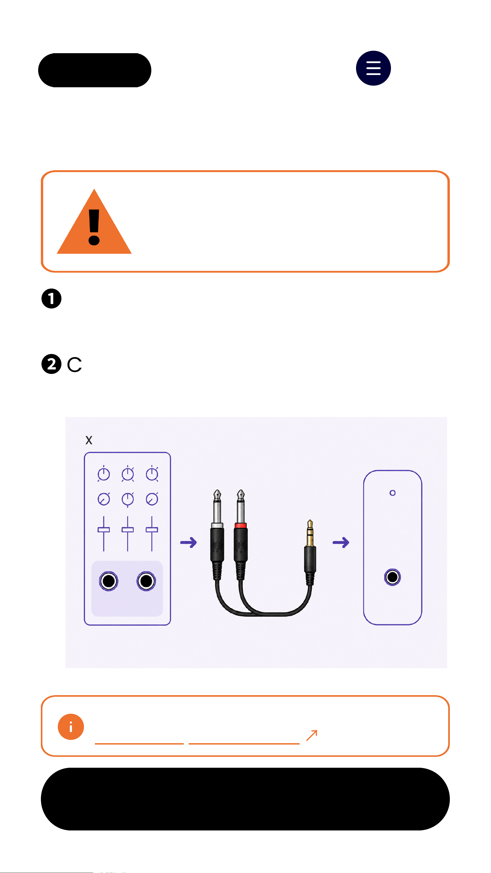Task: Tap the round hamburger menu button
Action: pyautogui.click(x=373, y=68)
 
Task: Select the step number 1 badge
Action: pyautogui.click(x=51, y=299)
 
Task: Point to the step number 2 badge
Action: pyautogui.click(x=51, y=364)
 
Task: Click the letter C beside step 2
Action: pyautogui.click(x=74, y=365)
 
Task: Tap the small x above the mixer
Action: pyautogui.click(x=89, y=440)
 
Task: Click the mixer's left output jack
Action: pyautogui.click(x=109, y=581)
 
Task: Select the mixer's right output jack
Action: pyautogui.click(x=146, y=581)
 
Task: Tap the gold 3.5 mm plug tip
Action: pyautogui.click(x=310, y=532)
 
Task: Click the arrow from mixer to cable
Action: pyautogui.click(x=188, y=542)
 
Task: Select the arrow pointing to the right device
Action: pyautogui.click(x=341, y=542)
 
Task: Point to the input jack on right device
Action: pyautogui.click(x=392, y=577)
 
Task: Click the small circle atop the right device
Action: pyautogui.click(x=392, y=493)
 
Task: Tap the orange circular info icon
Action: pyautogui.click(x=71, y=727)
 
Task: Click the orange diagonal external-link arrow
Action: pyautogui.click(x=312, y=735)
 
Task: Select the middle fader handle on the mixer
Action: pyautogui.click(x=128, y=530)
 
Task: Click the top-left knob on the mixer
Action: pyautogui.click(x=104, y=474)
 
